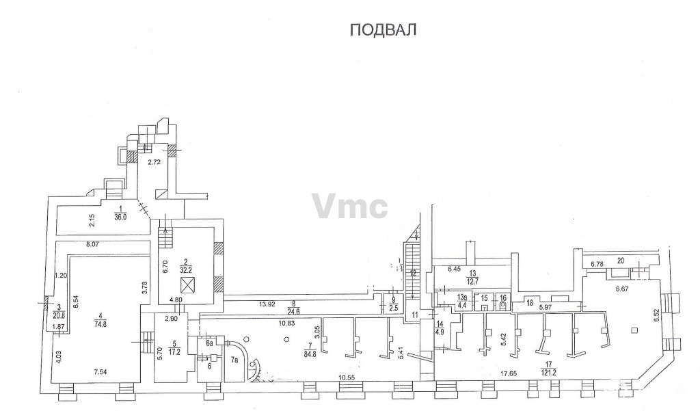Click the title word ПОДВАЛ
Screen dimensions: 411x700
click(x=383, y=30)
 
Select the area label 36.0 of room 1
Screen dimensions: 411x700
click(x=121, y=220)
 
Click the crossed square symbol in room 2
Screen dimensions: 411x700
click(x=186, y=283)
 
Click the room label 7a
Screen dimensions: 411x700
click(x=234, y=360)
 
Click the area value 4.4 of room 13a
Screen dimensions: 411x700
click(x=462, y=306)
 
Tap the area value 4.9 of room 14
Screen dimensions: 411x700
click(x=440, y=333)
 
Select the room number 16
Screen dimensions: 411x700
click(x=503, y=297)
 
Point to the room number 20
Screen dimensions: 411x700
click(x=621, y=261)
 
